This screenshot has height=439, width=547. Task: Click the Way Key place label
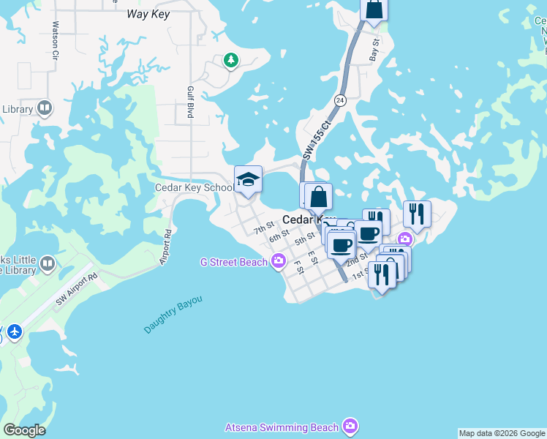tap(148, 14)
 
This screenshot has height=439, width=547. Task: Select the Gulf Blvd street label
tap(190, 101)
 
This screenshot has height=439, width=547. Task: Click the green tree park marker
tap(231, 60)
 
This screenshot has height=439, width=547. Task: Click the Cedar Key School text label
tap(194, 187)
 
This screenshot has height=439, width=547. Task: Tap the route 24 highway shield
tap(340, 100)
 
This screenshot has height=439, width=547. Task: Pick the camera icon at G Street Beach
tap(278, 261)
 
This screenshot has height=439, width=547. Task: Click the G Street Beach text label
tap(233, 262)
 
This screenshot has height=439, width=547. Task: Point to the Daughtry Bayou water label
tap(173, 315)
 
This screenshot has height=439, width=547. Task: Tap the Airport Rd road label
tap(166, 247)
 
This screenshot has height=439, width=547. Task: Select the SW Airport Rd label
tap(76, 290)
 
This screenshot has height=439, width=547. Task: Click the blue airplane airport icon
tap(14, 332)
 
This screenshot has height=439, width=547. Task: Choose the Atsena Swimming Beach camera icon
tap(350, 426)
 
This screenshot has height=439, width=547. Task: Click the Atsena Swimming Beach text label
tap(282, 427)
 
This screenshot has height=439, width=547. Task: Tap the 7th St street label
tap(263, 229)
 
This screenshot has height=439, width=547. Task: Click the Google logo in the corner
tap(24, 430)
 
